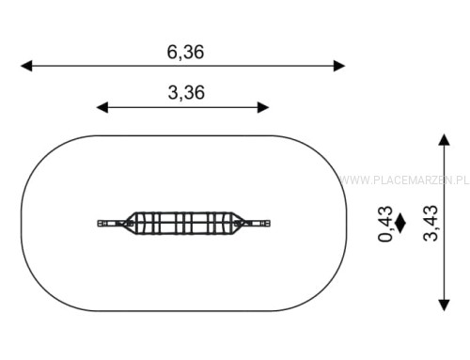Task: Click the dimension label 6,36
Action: [185, 52]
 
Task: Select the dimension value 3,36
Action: [186, 93]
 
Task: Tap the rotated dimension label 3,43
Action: [431, 223]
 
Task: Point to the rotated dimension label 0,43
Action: [385, 224]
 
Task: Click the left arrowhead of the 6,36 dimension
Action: [26, 66]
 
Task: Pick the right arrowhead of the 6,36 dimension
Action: [339, 66]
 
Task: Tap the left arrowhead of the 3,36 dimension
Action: [102, 107]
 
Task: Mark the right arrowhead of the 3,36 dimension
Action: [263, 107]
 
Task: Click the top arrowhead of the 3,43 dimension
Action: [444, 139]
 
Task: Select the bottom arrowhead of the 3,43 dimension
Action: [444, 305]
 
